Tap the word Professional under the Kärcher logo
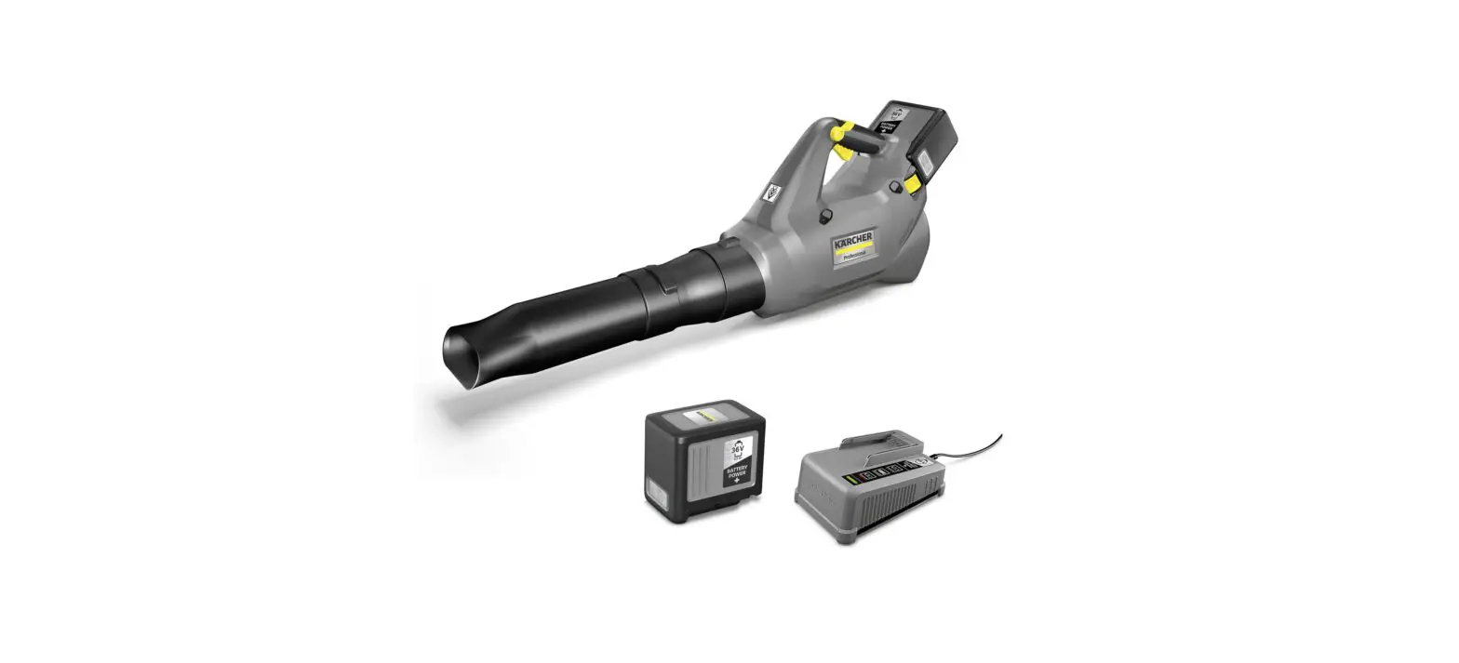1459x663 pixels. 856,255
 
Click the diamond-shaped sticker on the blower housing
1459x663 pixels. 771,193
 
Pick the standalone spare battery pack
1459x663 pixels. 704,460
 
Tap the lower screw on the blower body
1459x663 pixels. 824,216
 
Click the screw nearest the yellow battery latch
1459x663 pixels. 895,186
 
